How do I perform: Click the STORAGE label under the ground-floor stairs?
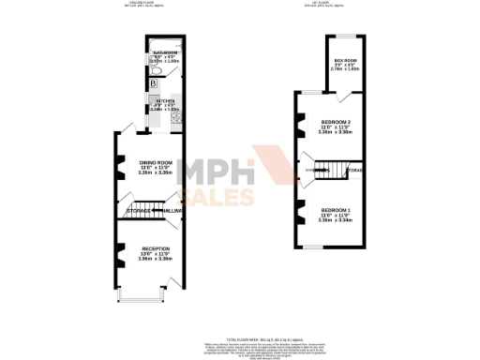140,211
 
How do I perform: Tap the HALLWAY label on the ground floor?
170,211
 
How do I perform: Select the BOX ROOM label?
345,60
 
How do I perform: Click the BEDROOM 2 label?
336,123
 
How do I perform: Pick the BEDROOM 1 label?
336,209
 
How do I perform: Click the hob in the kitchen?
175,116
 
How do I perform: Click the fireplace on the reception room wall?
120,251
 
